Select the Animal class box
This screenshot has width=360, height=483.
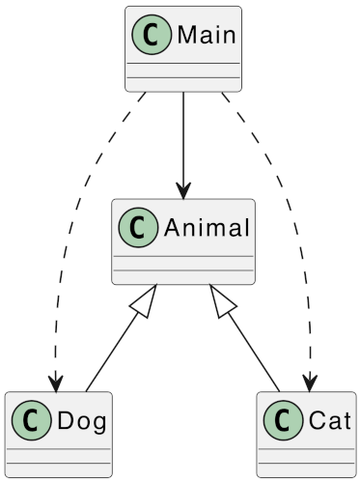point(183,241)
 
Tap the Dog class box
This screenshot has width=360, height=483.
point(58,435)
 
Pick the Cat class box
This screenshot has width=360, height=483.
point(306,435)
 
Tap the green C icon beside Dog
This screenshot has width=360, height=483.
point(31,421)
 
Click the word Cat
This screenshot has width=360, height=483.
point(323,421)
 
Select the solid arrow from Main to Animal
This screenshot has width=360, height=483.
point(183,140)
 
